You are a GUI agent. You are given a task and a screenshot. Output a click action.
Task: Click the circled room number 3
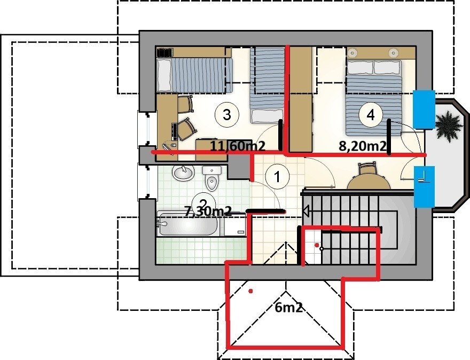pos(226,114)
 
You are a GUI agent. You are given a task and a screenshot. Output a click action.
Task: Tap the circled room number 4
pos(371,114)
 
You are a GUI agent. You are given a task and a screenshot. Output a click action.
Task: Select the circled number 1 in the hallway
pos(278,177)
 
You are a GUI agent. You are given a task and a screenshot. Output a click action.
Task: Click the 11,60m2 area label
pos(238,146)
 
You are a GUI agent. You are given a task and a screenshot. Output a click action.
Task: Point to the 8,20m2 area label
pos(362,146)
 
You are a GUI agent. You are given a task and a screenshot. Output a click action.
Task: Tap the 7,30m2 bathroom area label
pos(208,212)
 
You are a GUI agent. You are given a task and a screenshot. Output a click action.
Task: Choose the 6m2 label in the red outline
pos(288,308)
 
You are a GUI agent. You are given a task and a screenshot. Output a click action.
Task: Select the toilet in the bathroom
pos(211,178)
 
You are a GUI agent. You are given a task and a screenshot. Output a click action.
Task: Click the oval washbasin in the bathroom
pos(183,173)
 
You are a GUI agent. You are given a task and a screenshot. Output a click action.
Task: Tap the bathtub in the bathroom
pos(188,224)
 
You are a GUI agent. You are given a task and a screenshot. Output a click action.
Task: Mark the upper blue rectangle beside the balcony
pos(424,109)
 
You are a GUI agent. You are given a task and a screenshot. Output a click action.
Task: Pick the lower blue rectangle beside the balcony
pos(424,187)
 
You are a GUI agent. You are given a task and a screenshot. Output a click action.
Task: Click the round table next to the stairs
pos(369,182)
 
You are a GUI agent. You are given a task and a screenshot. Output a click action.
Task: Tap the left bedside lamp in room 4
pos(352,53)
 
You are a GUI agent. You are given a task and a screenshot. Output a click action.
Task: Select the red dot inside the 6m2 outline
pos(250,291)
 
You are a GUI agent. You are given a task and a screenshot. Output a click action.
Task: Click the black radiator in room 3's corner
pos(165,52)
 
